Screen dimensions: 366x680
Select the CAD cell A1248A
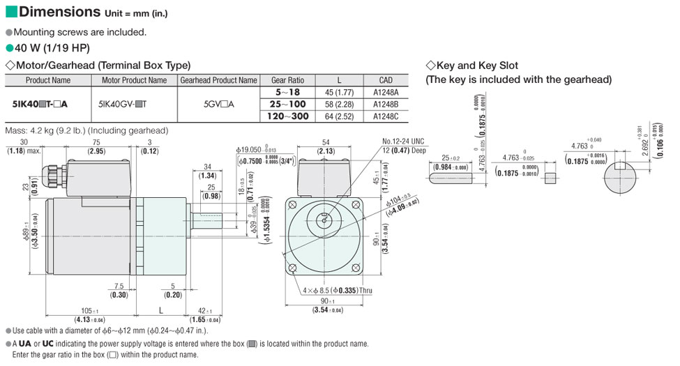pyautogui.click(x=386, y=92)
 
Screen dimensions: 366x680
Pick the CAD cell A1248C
pyautogui.click(x=386, y=117)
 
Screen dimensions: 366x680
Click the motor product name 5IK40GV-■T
pyautogui.click(x=134, y=105)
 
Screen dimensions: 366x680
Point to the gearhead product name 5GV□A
pyautogui.click(x=218, y=105)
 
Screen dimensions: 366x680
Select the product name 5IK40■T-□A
pyautogui.click(x=40, y=105)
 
